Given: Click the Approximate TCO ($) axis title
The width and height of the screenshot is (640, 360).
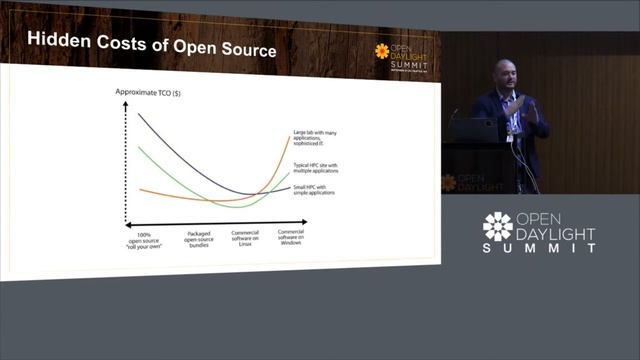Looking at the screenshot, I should coord(144,93).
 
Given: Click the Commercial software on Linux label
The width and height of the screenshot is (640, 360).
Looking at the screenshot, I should coord(245,240).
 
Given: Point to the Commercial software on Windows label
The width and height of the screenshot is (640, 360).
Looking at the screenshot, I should coord(291,240).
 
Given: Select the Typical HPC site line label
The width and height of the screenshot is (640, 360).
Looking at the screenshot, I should coord(316,168).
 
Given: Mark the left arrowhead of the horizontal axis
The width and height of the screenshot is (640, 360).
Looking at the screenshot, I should coord(129,223).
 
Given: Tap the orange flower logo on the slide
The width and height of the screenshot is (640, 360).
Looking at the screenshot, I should coord(382,51).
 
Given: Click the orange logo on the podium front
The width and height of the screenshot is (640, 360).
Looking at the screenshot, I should coord(449,182).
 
